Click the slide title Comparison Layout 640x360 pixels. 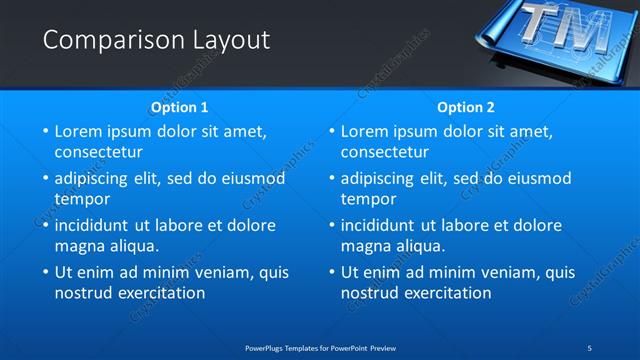[x=156, y=40]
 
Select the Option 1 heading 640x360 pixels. [x=180, y=107]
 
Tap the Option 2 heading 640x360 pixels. [x=466, y=107]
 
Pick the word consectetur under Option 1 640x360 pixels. [x=98, y=153]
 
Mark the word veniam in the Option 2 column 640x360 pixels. [x=488, y=272]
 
